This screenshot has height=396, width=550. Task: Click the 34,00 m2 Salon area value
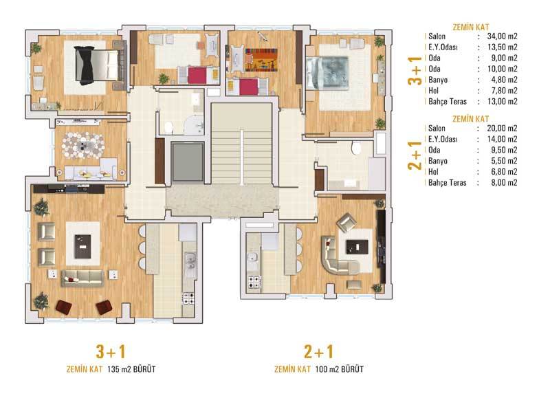tap(502, 36)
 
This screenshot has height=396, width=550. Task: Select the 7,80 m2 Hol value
tap(504, 91)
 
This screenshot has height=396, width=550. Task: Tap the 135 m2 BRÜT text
tap(131, 369)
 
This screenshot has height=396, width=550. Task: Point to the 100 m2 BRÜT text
tap(339, 369)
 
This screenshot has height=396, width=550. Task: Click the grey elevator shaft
tap(188, 162)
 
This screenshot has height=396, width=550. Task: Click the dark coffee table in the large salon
tap(82, 247)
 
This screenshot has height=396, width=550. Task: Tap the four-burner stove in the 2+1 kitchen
tap(254, 282)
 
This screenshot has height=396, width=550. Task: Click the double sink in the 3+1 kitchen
tap(190, 261)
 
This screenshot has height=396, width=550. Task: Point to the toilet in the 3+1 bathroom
tap(169, 127)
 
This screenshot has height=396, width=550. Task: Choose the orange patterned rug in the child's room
tap(261, 60)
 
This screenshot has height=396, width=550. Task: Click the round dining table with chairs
tap(83, 146)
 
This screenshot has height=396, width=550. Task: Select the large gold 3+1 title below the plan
tap(111, 351)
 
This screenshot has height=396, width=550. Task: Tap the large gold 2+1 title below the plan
tap(318, 351)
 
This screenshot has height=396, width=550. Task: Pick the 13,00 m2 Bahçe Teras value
tap(503, 101)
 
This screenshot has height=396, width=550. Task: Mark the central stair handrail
tap(242, 157)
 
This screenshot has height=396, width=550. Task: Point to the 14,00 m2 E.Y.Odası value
tap(502, 140)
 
